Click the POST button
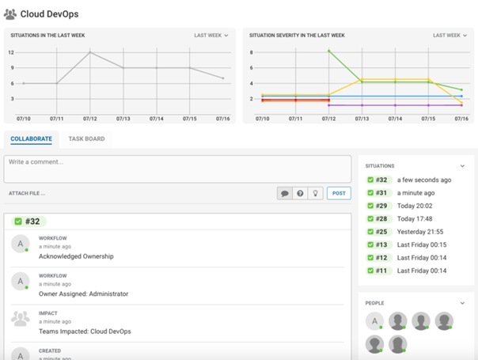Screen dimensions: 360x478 pos(339,193)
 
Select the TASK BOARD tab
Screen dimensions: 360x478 pos(86,139)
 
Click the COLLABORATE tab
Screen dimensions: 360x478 pos(31,139)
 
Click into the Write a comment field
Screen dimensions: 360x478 pos(176,169)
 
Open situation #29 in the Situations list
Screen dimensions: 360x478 pos(382,206)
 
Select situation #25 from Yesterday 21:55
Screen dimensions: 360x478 pos(382,232)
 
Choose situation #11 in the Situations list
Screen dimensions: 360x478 pos(382,271)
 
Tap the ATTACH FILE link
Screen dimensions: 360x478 pos(27,193)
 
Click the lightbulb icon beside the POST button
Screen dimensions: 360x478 pos(315,193)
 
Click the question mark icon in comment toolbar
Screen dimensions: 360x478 pos(300,193)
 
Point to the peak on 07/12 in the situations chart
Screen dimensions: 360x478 pos(89,52)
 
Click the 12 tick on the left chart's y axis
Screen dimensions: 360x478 pos(11,52)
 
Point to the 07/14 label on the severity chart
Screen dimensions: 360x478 pos(394,119)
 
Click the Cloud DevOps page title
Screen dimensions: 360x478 pos(49,13)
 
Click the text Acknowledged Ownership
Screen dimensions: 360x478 pos(76,256)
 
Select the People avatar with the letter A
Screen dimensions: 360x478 pos(374,320)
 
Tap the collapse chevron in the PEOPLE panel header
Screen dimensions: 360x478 pos(461,303)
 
